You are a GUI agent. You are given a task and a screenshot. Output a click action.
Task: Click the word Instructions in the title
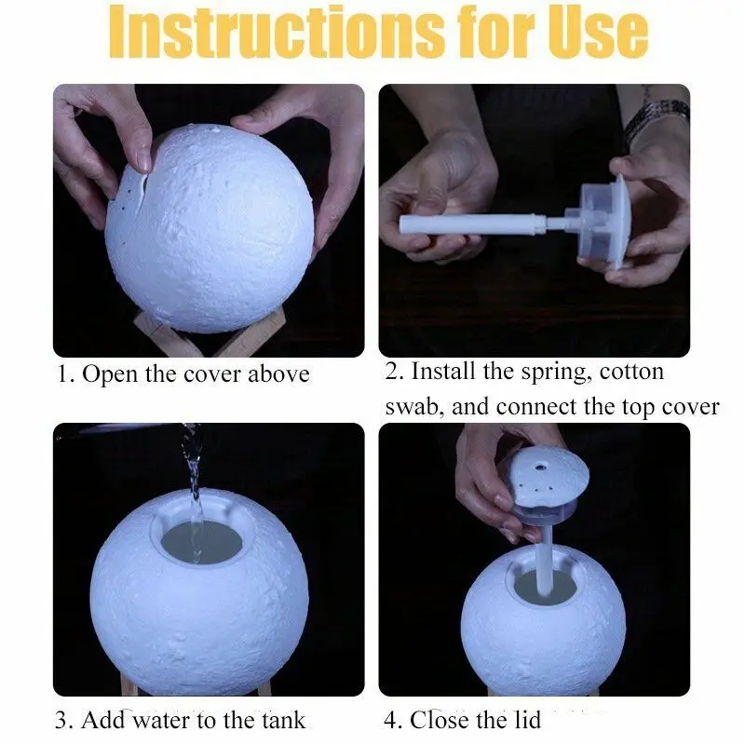coord(277,32)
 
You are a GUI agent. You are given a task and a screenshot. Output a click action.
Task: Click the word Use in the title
coord(600,32)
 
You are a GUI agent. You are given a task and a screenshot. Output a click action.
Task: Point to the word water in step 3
coord(161,720)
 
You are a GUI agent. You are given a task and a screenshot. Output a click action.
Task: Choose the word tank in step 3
coord(284,720)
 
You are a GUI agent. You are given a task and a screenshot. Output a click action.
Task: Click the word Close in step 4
coord(442,720)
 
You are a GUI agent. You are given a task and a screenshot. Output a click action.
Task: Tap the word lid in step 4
coord(528,720)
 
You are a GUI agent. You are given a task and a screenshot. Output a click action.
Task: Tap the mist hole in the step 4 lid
coord(540,467)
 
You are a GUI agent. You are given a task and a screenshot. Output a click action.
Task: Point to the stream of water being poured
coord(193,490)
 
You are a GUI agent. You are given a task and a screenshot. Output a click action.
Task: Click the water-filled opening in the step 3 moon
coord(201,541)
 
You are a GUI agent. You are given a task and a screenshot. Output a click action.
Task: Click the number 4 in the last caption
coord(391,720)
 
